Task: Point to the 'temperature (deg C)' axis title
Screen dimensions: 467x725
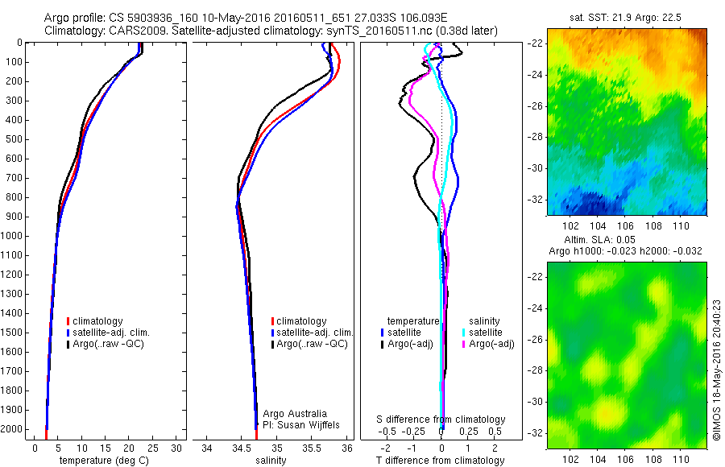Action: tap(101, 461)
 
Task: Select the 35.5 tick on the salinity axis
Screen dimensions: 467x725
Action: tap(313, 447)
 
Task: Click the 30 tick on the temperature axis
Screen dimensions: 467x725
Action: tap(178, 447)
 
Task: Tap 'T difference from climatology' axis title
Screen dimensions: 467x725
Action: tap(440, 461)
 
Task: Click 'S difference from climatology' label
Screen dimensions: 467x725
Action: tap(441, 419)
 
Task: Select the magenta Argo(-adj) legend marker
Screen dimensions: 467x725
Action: tap(464, 344)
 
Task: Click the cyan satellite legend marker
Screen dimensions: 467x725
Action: tap(464, 333)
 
